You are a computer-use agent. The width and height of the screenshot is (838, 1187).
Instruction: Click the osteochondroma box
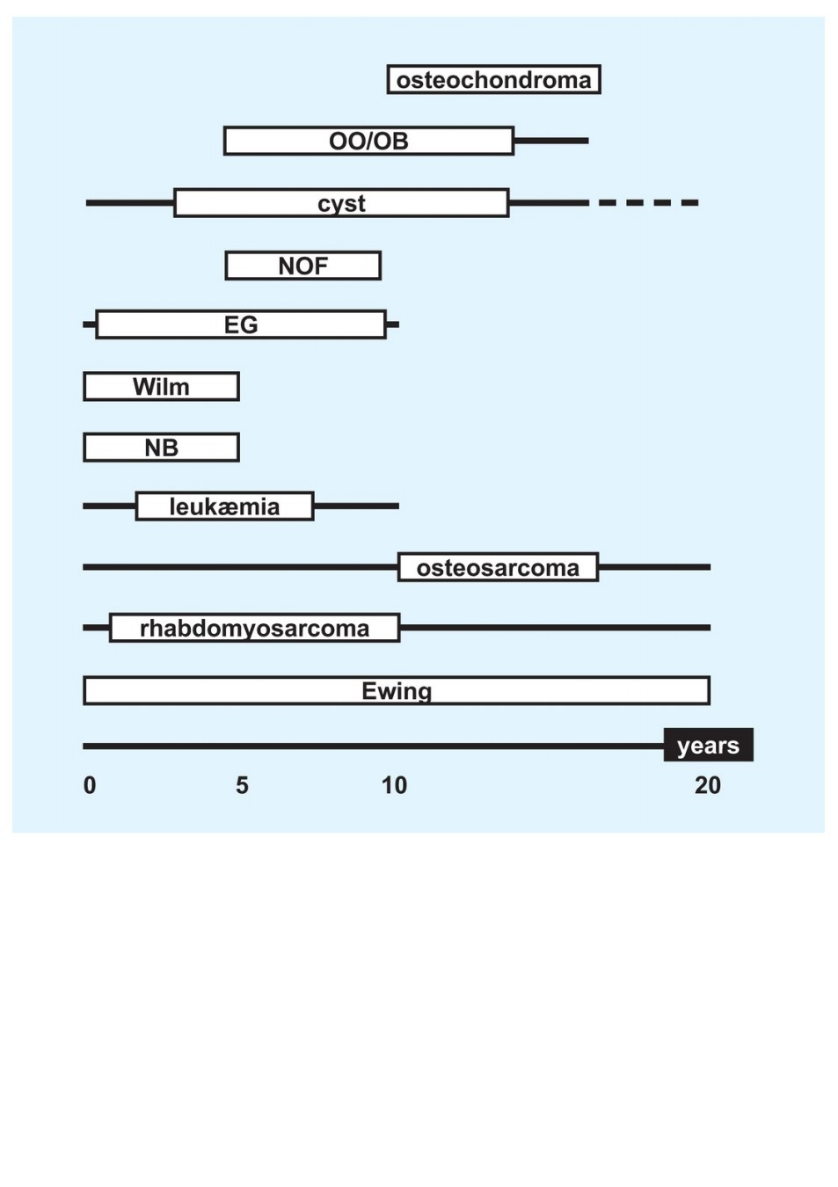point(493,79)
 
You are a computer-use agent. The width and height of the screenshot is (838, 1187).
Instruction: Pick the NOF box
point(303,266)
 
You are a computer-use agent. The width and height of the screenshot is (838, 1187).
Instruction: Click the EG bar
point(241,324)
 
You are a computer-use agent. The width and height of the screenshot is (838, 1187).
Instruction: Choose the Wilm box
point(161,386)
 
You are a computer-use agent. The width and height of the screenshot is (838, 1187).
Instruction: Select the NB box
point(161,448)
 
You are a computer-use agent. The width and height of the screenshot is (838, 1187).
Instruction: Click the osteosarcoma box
point(499,567)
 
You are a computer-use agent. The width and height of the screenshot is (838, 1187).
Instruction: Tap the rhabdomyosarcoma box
point(254,628)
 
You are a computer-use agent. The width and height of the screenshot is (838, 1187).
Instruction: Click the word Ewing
point(397,691)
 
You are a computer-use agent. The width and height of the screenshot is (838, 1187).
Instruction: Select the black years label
point(709,745)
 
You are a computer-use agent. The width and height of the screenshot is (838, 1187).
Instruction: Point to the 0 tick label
point(90,785)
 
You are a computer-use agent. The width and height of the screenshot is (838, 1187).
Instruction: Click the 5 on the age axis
point(242,785)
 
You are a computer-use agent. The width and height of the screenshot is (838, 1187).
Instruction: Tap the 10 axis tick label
point(394,785)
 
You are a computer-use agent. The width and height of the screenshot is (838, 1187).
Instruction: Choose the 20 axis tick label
point(708,785)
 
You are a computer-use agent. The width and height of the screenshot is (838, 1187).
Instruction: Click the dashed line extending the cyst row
point(649,202)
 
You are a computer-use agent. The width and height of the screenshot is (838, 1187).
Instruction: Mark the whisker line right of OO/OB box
point(551,141)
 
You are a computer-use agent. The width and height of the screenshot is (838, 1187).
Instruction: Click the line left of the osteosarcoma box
point(240,567)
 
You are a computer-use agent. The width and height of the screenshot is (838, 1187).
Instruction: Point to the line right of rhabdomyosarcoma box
point(556,628)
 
